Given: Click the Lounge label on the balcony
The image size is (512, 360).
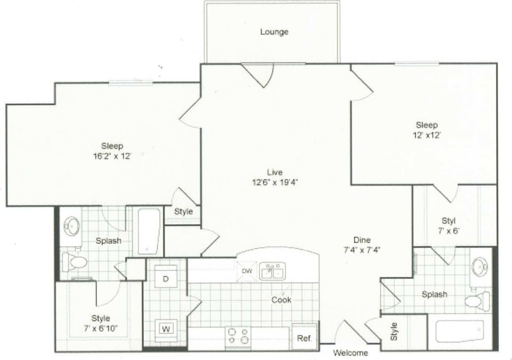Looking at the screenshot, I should [x=274, y=32].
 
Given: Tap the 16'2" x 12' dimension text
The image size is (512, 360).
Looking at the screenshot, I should [x=112, y=156].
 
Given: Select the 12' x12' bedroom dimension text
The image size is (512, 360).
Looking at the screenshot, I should [x=427, y=135].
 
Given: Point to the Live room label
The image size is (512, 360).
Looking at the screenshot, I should [x=275, y=172].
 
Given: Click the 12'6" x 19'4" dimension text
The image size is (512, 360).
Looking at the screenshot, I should [x=275, y=182].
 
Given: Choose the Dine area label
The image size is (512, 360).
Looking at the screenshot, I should [x=362, y=240].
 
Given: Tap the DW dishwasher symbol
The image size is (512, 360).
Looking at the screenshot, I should [x=247, y=271].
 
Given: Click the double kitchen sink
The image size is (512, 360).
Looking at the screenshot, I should [x=272, y=272].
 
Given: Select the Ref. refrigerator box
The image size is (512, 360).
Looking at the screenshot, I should [x=304, y=338].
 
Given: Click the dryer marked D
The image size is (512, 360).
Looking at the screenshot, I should [x=165, y=278].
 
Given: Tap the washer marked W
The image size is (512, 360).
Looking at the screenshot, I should [x=166, y=329].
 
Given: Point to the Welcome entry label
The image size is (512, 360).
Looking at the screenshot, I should [x=350, y=353].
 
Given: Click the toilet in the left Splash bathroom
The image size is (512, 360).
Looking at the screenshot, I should [x=74, y=262].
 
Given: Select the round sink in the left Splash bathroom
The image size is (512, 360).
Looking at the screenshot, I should [x=72, y=226].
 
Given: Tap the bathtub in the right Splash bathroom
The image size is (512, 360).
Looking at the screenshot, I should [x=459, y=331].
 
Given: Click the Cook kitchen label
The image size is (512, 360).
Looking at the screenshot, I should [x=281, y=300].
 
